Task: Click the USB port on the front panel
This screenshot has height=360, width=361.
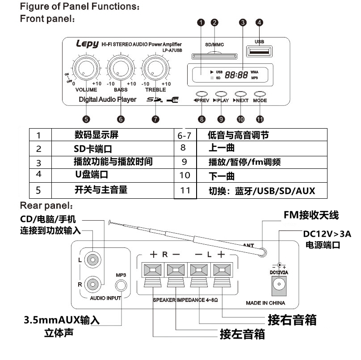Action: click(x=259, y=52)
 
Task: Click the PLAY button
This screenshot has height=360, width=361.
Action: click(x=221, y=94)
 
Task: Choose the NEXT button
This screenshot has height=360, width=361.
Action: click(x=240, y=94)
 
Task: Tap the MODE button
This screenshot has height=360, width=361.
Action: click(x=260, y=94)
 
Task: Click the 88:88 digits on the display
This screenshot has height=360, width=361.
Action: click(x=236, y=75)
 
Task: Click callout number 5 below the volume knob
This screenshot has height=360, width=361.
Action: click(x=86, y=119)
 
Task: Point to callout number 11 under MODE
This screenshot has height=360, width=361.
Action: click(x=260, y=119)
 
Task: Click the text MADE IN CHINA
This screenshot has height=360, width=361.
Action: click(x=265, y=303)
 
